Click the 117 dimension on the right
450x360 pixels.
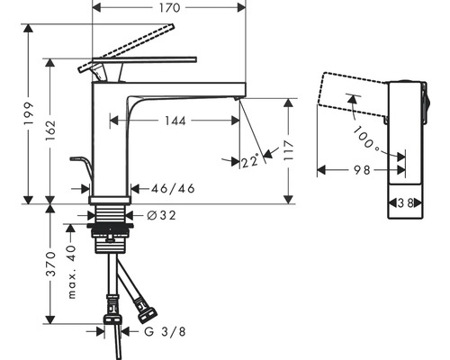[286, 148]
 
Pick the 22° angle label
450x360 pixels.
[250, 161]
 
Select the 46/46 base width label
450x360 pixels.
[173, 188]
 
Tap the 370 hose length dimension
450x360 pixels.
[54, 264]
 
